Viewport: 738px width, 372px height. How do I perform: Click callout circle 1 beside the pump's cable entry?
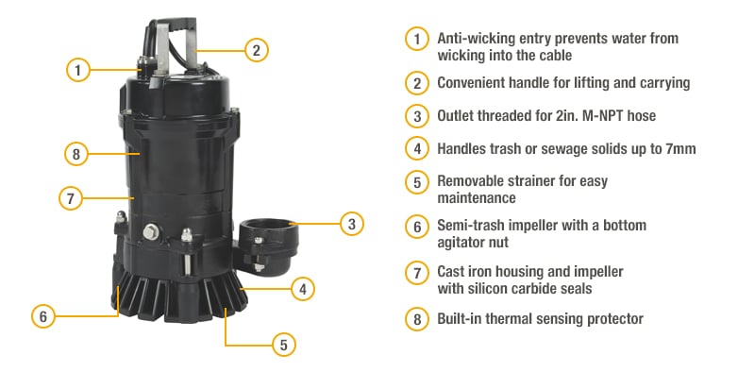click(79, 69)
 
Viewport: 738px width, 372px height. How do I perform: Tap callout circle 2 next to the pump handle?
click(254, 49)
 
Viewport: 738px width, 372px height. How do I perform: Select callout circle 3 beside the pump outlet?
click(351, 225)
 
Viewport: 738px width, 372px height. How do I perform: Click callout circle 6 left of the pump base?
click(42, 315)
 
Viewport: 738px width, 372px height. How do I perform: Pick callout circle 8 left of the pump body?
click(77, 153)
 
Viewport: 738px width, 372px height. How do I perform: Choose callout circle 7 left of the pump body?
click(70, 198)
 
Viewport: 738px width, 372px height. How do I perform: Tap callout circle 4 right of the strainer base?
click(302, 288)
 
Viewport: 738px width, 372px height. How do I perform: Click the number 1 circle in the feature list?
click(417, 39)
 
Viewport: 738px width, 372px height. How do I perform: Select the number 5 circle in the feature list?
click(417, 181)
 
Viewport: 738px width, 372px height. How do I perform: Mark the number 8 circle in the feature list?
click(417, 319)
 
